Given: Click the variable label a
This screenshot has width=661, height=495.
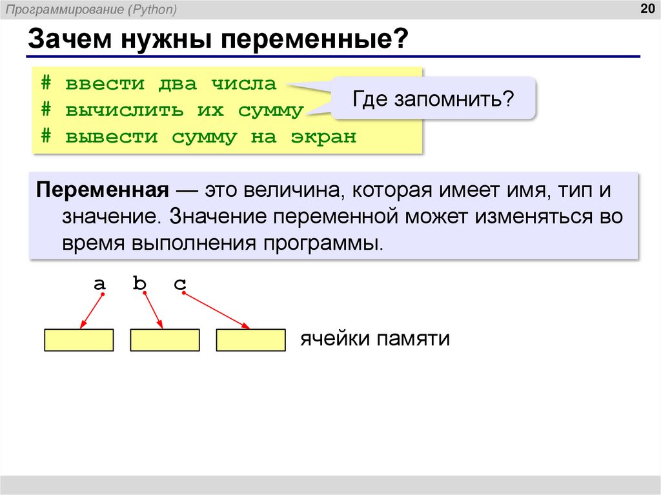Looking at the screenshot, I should (99, 284).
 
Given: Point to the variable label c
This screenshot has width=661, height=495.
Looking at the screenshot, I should (179, 284).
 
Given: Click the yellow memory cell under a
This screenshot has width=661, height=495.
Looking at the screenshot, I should (79, 340).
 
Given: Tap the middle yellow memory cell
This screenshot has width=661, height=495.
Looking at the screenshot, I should (165, 340).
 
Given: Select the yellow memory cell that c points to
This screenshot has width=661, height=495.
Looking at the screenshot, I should (250, 340).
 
